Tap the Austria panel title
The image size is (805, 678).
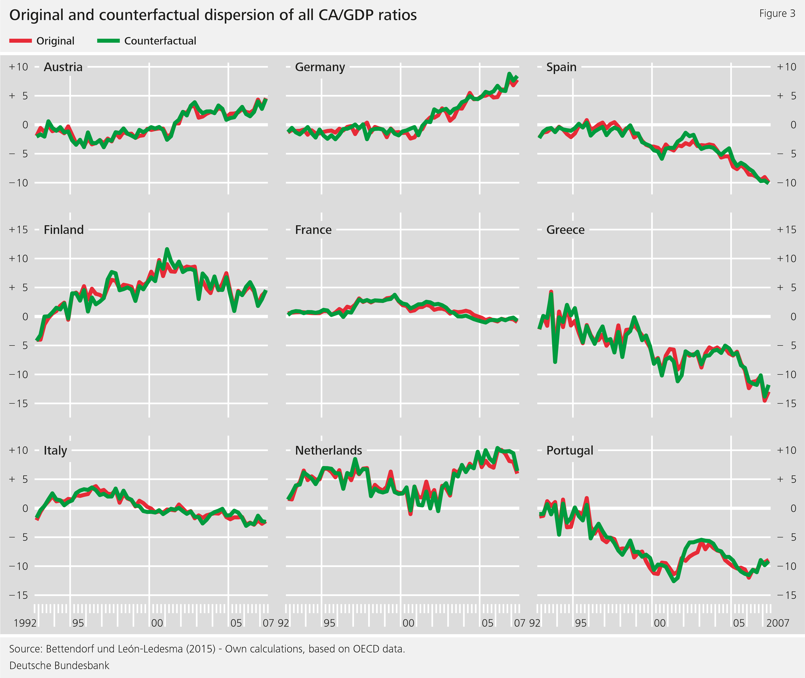coord(63,67)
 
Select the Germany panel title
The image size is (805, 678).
coord(320,67)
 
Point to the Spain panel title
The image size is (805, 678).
coord(561,67)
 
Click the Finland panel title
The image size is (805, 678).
coord(63,229)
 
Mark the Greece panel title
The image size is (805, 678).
coord(565,229)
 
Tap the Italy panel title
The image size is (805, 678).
coord(55,450)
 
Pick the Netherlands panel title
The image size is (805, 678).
coord(328,450)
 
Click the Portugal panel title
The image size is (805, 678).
coord(570,450)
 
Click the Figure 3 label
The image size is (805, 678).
coord(777,13)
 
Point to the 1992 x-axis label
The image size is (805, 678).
coord(25,623)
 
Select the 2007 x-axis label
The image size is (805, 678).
coord(777,623)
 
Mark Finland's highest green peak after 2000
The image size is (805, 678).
coord(167,249)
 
